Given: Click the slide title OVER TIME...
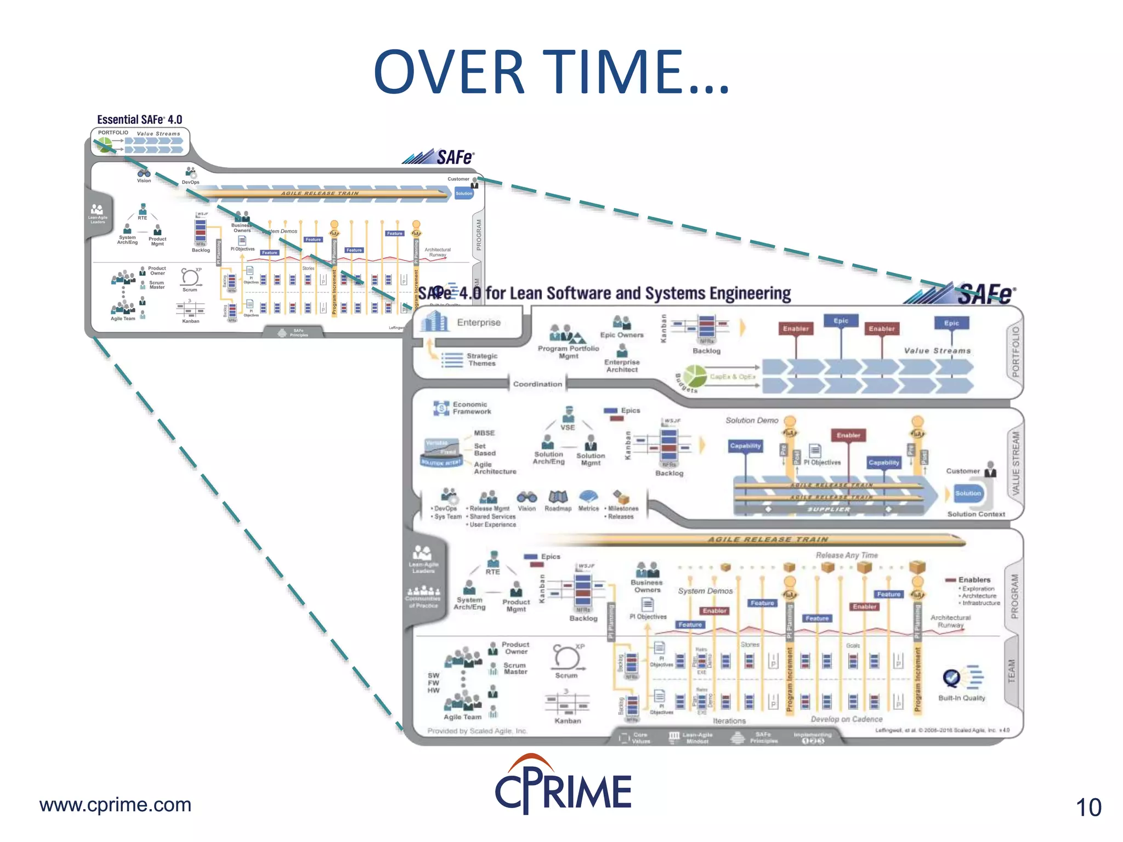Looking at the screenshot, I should pos(552,72).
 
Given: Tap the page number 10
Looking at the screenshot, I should pos(1088,807).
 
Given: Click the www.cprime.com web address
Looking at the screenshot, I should pos(115,805).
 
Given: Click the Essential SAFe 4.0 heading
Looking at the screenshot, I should pos(139,120).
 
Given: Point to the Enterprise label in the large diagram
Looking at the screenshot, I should pos(479,322).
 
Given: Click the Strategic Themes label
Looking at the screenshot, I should pos(482,360).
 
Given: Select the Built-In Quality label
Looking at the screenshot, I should pos(961,698).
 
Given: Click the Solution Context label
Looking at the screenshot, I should pos(976,514).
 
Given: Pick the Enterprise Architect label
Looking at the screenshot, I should pos(622,366).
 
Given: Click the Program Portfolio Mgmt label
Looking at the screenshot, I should pos(569,352).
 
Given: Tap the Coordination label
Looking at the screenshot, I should pos(537,384).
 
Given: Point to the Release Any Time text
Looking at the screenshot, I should pos(846,555).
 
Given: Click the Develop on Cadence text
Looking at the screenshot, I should pos(846,719).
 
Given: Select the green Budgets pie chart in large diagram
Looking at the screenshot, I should pos(695,377).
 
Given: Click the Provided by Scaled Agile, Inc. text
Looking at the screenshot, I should pos(477,731).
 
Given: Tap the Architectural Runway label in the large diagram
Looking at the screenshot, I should pos(950,621).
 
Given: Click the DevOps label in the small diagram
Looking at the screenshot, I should pos(190,182).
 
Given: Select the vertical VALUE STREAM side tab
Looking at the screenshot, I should pos(1016,463).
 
